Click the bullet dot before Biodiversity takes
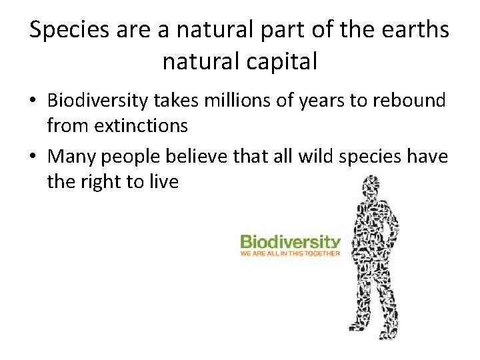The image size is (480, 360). (x=33, y=101)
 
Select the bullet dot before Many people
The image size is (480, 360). (x=33, y=157)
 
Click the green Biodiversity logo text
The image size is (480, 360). (x=290, y=241)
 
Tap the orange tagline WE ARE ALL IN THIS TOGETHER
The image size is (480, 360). (x=290, y=253)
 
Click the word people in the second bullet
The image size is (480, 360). (x=137, y=157)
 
